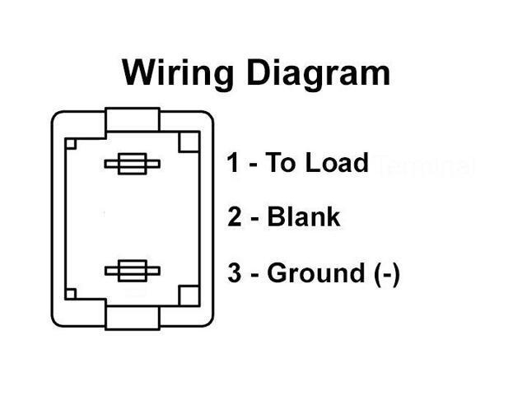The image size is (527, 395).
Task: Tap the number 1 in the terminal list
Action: pyautogui.click(x=235, y=164)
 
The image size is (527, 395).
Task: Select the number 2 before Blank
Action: pyautogui.click(x=235, y=218)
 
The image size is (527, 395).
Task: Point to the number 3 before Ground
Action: pyautogui.click(x=235, y=273)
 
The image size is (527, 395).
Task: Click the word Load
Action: pyautogui.click(x=337, y=164)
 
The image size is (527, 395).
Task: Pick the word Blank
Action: pyautogui.click(x=304, y=218)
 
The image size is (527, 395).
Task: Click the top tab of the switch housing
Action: pyautogui.click(x=132, y=120)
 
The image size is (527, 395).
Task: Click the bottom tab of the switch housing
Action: pyautogui.click(x=132, y=315)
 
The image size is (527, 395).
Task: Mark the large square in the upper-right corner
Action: pyautogui.click(x=189, y=141)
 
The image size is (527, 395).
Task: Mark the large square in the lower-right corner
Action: pyautogui.click(x=189, y=295)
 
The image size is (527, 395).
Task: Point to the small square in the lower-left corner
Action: pyautogui.click(x=72, y=292)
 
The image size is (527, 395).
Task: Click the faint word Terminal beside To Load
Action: pyautogui.click(x=425, y=165)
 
